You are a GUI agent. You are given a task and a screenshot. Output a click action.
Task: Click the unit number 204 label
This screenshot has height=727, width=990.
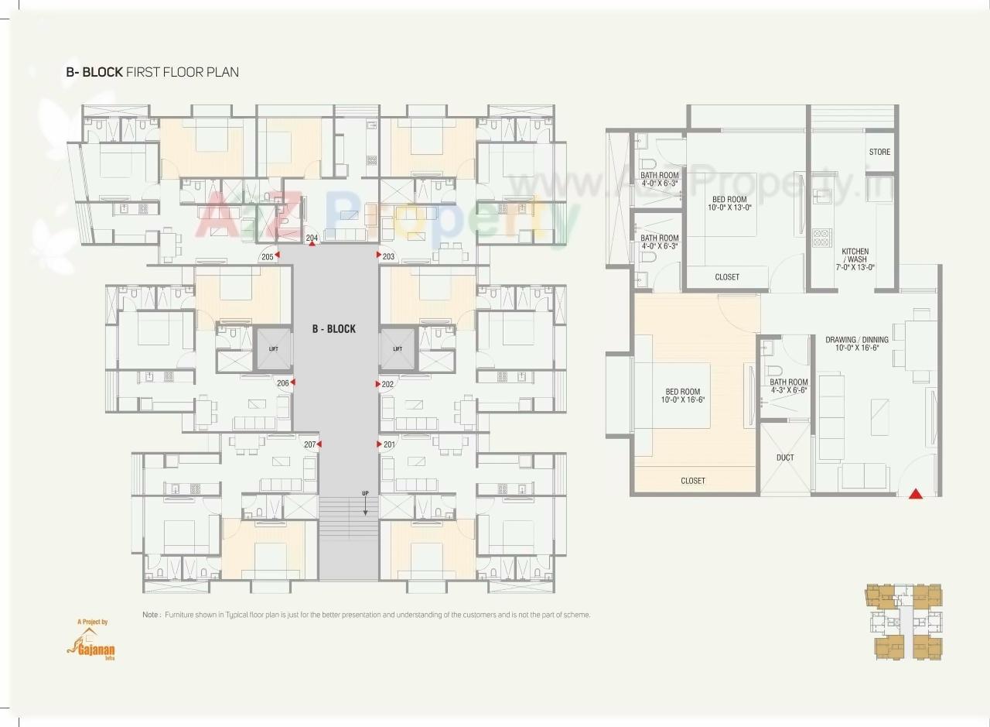(312, 238)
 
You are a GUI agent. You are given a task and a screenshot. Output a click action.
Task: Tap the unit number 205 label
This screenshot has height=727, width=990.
(268, 256)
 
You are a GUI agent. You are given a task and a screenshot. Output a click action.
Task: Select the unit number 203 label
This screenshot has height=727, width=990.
(388, 256)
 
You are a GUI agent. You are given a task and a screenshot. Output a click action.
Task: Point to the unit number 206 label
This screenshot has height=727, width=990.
(283, 383)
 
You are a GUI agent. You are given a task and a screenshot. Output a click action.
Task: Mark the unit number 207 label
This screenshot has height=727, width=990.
(309, 444)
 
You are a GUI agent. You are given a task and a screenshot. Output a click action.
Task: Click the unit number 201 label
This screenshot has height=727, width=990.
(388, 444)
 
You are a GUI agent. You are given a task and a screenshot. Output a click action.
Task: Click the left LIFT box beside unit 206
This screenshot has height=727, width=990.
(274, 348)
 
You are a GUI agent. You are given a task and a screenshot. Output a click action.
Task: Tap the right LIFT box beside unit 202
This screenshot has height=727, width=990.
(398, 348)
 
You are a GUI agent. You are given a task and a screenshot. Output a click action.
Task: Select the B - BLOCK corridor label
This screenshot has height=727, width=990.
(334, 329)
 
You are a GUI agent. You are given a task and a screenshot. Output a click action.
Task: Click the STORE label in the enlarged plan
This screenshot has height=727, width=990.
(879, 153)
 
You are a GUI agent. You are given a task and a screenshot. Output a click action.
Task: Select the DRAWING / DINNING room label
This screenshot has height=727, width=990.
(856, 344)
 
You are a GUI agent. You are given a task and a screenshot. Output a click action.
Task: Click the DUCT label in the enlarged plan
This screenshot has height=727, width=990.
(785, 458)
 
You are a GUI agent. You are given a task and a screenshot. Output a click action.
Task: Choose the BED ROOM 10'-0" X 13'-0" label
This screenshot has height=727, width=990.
(729, 204)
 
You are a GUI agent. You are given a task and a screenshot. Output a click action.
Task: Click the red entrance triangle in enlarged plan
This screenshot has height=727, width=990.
(916, 493)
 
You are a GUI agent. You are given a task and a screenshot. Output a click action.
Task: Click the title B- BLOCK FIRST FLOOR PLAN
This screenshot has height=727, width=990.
(152, 72)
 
